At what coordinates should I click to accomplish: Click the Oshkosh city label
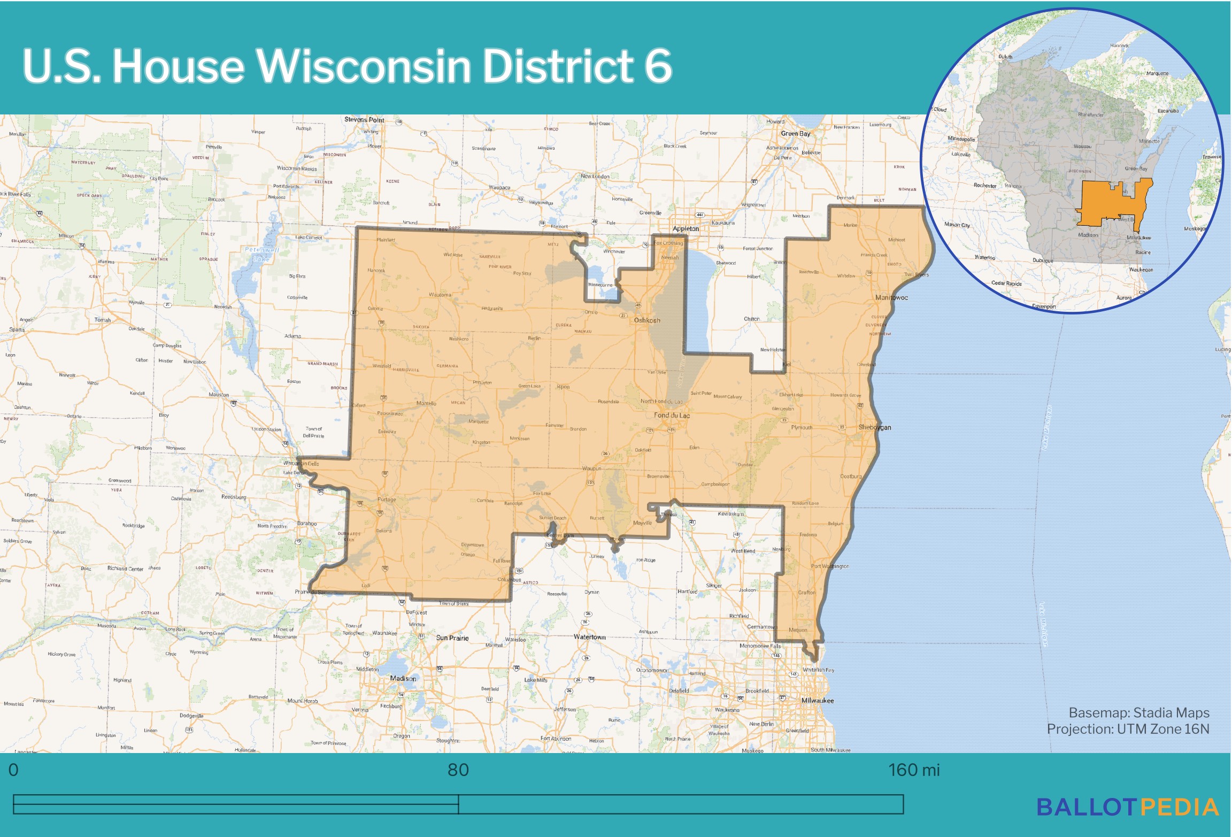click(x=646, y=320)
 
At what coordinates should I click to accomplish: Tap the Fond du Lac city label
click(x=672, y=416)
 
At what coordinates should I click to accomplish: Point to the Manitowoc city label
click(x=891, y=297)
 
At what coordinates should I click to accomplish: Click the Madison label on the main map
click(x=403, y=679)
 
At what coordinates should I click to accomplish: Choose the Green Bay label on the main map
click(x=795, y=134)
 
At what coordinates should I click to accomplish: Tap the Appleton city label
click(x=686, y=228)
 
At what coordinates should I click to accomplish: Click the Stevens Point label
click(x=364, y=120)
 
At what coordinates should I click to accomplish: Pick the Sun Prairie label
click(x=452, y=638)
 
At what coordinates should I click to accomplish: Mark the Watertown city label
click(x=589, y=637)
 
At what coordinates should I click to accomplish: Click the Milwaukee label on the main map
click(x=817, y=701)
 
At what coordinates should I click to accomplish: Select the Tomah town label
click(x=103, y=320)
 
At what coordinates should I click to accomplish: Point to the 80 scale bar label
click(x=458, y=770)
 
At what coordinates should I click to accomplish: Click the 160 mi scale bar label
click(x=913, y=770)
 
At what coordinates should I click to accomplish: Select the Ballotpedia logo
click(x=1127, y=808)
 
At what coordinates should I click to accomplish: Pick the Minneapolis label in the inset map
click(x=961, y=139)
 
